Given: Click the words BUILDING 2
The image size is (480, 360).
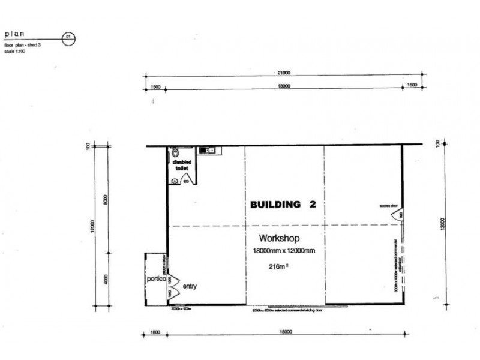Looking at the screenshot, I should click(x=283, y=205).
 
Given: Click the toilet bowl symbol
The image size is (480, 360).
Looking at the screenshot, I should click(x=175, y=152).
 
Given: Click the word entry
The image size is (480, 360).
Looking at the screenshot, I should click(x=190, y=286).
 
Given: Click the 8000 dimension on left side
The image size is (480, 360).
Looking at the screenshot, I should click(x=106, y=199).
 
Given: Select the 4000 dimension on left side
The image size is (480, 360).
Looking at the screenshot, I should click(x=106, y=280).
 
